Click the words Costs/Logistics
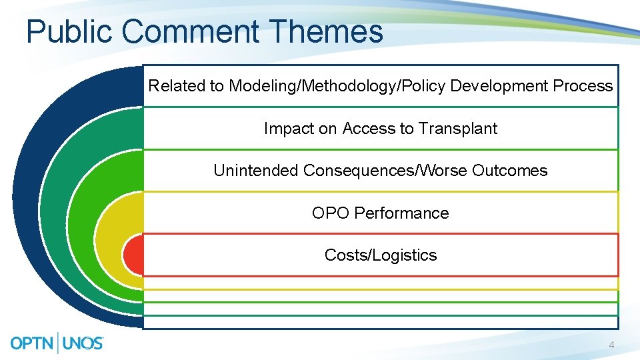pos(381,255)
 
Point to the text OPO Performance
pos(380,213)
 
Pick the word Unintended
pos(256,171)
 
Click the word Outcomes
pos(509,171)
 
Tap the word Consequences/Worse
pos(385,171)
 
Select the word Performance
pos(401,213)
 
